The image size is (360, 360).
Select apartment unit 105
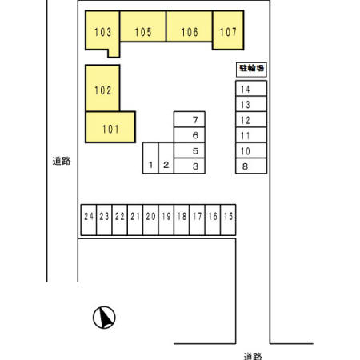pyautogui.click(x=143, y=26)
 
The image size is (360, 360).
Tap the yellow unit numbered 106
pyautogui.click(x=190, y=26)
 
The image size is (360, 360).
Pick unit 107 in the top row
pyautogui.click(x=228, y=30)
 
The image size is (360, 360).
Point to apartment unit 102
pyautogui.click(x=102, y=88)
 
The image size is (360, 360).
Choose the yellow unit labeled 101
pyautogui.click(x=110, y=127)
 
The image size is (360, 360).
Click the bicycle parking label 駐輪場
pyautogui.click(x=251, y=69)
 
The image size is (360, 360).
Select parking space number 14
pyautogui.click(x=251, y=88)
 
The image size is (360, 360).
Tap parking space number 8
pyautogui.click(x=251, y=166)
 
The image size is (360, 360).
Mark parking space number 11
pyautogui.click(x=251, y=135)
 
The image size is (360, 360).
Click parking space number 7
pyautogui.click(x=190, y=119)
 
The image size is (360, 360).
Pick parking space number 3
pyautogui.click(x=190, y=166)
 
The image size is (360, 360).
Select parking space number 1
pyautogui.click(x=150, y=158)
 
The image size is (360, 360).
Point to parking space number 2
pyautogui.click(x=166, y=158)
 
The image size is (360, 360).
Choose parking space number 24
pyautogui.click(x=89, y=220)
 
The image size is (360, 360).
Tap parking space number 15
pyautogui.click(x=228, y=220)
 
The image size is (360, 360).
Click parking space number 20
pyautogui.click(x=150, y=220)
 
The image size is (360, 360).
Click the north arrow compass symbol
pyautogui.click(x=104, y=318)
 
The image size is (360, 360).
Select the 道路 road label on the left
pyautogui.click(x=62, y=161)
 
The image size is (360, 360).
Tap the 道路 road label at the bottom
pyautogui.click(x=253, y=356)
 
